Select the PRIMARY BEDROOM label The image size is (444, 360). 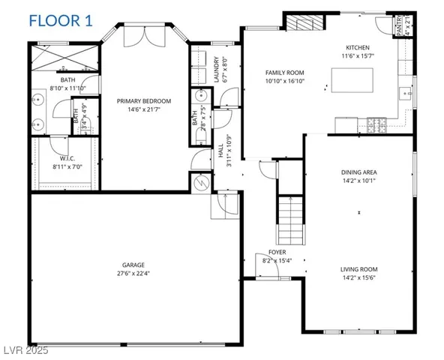pos(144,100)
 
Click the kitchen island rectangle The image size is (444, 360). pos(352,79)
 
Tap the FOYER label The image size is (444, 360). pos(277,253)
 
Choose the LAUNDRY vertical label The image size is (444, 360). pos(216,69)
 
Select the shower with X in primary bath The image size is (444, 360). pos(64,56)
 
